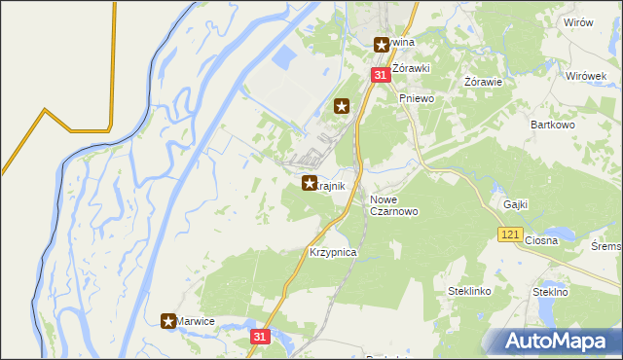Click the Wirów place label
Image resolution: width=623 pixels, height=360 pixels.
click(x=577, y=22)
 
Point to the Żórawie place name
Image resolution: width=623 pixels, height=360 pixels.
click(x=483, y=82)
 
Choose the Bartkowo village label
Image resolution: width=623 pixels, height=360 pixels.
click(x=553, y=125)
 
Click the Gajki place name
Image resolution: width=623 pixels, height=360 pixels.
click(x=516, y=204)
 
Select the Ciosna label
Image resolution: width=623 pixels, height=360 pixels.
click(x=539, y=239)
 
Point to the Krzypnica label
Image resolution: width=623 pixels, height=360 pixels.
click(x=334, y=252)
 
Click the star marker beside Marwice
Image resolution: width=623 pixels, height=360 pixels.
click(x=168, y=320)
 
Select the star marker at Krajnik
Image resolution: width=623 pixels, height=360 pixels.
click(x=310, y=182)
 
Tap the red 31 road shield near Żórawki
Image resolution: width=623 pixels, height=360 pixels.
click(x=380, y=75)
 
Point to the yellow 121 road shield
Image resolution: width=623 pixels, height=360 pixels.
click(x=510, y=234)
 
